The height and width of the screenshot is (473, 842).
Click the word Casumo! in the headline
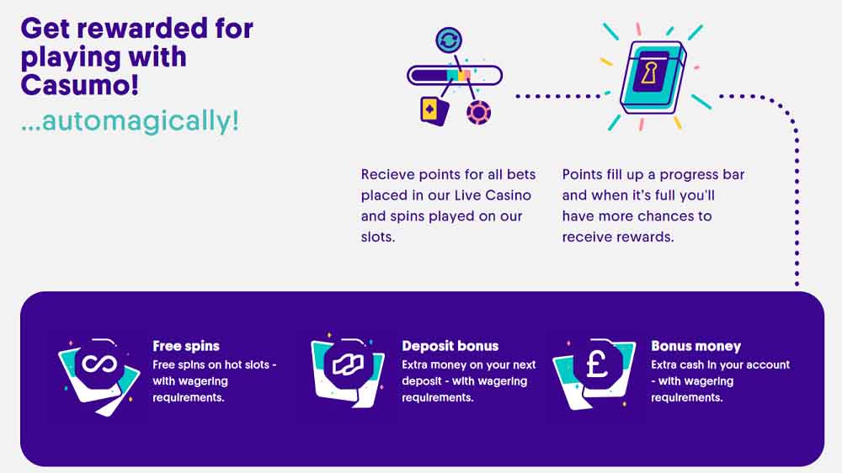[80, 85]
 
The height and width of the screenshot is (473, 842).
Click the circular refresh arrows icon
[449, 40]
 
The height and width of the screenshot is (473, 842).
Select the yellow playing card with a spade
[434, 111]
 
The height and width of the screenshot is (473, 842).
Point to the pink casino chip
[478, 113]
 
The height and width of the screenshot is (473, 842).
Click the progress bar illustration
[455, 75]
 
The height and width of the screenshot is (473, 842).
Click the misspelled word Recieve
[387, 174]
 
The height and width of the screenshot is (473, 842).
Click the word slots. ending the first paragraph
[378, 236]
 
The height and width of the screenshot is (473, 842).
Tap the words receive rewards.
[617, 236]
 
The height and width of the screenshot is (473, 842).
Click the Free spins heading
[186, 346]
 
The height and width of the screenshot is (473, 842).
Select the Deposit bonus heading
[450, 346]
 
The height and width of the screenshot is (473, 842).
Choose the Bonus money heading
[696, 346]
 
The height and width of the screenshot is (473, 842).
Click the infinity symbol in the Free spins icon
[99, 364]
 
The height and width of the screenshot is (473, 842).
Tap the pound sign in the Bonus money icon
[597, 364]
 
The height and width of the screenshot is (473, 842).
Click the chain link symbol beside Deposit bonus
[348, 365]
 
